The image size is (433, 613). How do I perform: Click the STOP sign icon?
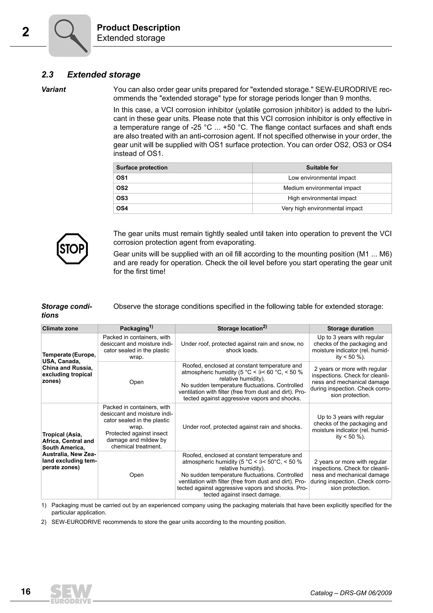point(72,249)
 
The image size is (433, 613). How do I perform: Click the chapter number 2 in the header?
point(26,32)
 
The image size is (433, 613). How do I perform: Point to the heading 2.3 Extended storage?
point(91,74)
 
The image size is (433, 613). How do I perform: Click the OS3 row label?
point(122,198)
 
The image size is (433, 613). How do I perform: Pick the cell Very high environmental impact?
point(322,208)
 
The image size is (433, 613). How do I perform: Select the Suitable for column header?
point(322,168)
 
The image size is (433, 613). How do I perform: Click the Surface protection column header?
point(142,168)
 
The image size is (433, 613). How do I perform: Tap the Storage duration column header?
point(350,328)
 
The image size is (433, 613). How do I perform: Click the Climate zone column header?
point(60,328)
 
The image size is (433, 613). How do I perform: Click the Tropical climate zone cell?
point(69,451)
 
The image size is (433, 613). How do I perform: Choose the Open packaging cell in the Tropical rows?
point(136,475)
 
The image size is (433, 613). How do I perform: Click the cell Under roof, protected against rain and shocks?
point(242,427)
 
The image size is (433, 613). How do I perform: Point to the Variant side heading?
point(54,90)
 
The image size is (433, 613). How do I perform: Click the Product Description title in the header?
point(138,28)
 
